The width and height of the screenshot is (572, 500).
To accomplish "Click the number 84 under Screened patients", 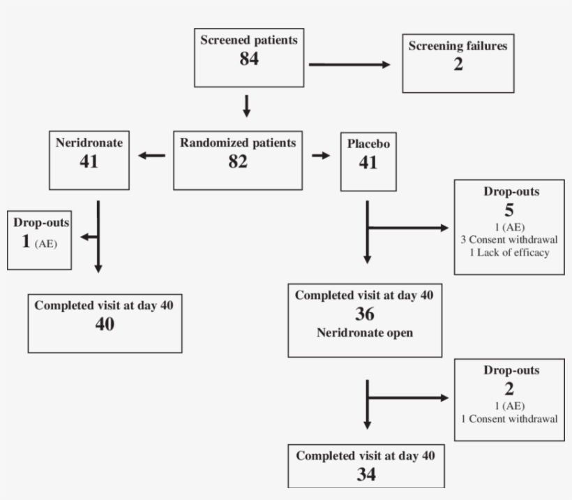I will point(248,59).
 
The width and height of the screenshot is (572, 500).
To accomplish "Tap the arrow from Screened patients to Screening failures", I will point(349,65).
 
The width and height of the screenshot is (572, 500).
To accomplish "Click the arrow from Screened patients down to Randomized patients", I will point(246,106).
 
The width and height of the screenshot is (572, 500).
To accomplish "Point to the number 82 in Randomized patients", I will point(238,161).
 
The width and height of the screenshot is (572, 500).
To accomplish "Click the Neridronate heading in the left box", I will point(89,142).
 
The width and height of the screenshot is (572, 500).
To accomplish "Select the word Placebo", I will point(368,144).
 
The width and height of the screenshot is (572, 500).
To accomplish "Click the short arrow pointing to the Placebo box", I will point(321,155).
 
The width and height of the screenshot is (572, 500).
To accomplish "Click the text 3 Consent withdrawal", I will point(509,240).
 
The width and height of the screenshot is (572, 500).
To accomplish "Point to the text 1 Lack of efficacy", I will point(509,252).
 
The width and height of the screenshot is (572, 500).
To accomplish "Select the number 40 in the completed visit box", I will point(105,324).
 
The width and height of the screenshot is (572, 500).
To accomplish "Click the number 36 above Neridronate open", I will point(364,315).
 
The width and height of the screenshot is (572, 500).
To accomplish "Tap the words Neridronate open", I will point(364,332).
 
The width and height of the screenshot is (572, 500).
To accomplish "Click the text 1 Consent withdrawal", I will point(509,419).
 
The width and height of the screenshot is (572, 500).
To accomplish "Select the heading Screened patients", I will point(248,40).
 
